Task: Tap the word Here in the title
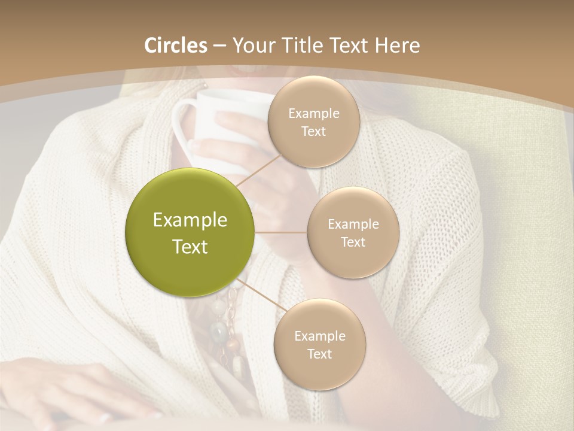pos(397,45)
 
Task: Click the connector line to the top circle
pos(258,169)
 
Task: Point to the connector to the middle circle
pos(281,232)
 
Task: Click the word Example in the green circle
pos(190,220)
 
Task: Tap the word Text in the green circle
pos(190,247)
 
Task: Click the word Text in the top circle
pos(313,132)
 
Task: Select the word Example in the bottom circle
pos(319,336)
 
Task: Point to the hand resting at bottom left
pos(78,389)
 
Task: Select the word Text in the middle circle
pos(353,242)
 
